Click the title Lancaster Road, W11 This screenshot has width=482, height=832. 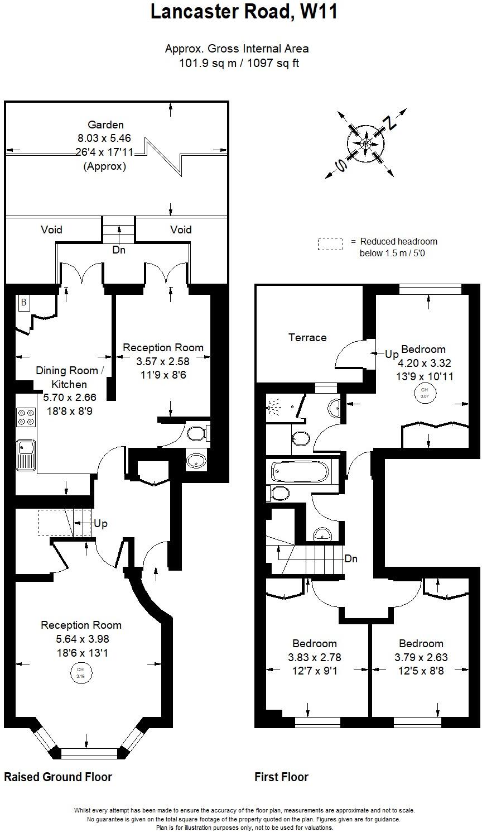coord(244,12)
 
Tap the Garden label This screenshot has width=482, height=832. coord(105,125)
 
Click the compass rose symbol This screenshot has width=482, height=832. coord(366,144)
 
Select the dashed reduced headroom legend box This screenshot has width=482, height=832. coord(330,244)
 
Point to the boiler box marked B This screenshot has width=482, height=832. coord(23,302)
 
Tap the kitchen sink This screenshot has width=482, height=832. coord(26,453)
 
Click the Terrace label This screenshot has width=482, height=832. coord(307,337)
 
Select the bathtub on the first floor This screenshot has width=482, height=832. coord(300,472)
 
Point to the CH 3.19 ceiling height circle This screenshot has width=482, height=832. coord(80,672)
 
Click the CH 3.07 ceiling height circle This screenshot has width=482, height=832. coord(425,392)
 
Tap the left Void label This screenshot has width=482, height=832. coord(51,229)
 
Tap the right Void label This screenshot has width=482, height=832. coord(181,229)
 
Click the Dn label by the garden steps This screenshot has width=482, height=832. coord(119,250)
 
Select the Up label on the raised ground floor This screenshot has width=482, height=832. coord(101,524)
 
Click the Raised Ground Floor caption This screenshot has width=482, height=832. coord(58,777)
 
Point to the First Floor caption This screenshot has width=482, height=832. coord(281,777)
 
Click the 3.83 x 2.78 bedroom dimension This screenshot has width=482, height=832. coord(315,657)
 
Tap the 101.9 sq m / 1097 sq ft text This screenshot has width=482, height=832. coord(239,63)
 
